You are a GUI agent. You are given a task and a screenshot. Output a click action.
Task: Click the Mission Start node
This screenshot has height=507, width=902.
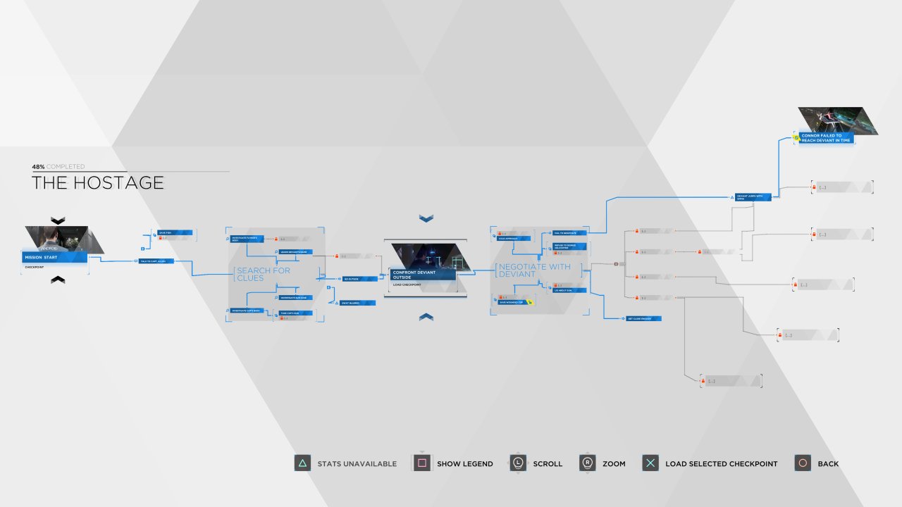tap(55, 257)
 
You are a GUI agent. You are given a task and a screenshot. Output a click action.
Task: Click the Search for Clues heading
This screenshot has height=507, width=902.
tap(262, 274)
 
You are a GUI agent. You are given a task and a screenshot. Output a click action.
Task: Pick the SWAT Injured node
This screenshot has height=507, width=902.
tap(358, 303)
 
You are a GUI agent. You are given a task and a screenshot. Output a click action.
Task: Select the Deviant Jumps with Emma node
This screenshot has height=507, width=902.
tap(753, 197)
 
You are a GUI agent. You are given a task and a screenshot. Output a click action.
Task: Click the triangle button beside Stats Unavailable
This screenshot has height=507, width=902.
tap(302, 463)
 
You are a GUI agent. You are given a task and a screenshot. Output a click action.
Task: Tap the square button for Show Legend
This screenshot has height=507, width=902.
tap(422, 463)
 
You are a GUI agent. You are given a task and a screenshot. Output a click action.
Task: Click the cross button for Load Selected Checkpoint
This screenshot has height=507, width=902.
tap(650, 463)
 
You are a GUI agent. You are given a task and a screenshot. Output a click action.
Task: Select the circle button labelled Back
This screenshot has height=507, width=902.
tap(803, 463)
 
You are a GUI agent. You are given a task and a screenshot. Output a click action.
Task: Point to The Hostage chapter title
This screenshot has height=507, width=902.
tap(98, 183)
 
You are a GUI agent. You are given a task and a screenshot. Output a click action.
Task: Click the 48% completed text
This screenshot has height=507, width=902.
tap(58, 167)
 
